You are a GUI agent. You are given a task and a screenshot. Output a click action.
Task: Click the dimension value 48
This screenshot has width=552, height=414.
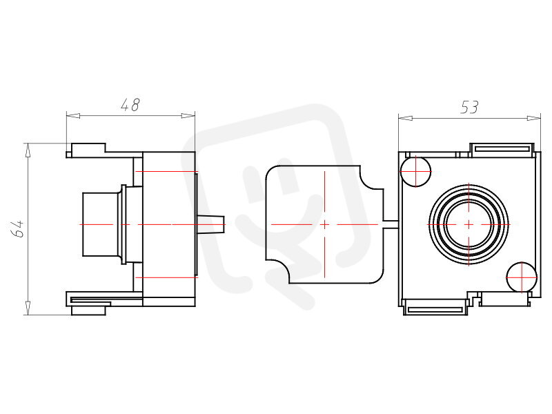tap(130, 105)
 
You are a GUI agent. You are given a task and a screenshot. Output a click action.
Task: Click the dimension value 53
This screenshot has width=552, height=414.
tap(470, 108)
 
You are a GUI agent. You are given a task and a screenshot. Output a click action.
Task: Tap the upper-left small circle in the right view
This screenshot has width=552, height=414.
tap(416, 171)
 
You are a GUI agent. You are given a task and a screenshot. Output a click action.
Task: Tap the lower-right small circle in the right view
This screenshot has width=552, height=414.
tap(522, 277)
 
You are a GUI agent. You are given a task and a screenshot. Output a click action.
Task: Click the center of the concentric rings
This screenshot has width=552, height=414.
tap(469, 224)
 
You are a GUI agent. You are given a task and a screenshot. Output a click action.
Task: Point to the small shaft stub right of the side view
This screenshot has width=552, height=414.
tap(210, 224)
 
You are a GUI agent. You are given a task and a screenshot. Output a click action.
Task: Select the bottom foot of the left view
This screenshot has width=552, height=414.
tap(88, 310)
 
